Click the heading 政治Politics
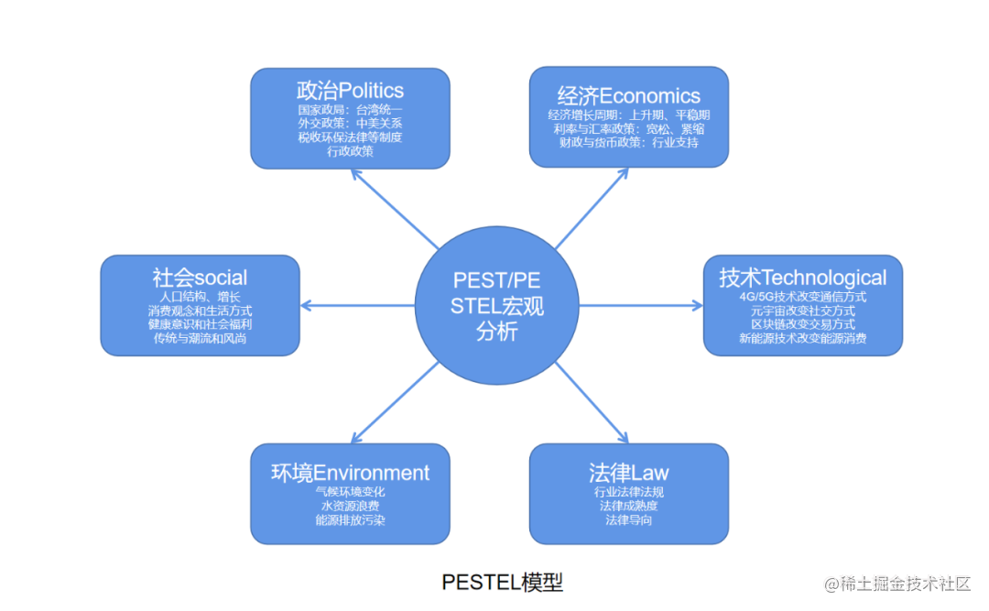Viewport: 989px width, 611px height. pyautogui.click(x=350, y=91)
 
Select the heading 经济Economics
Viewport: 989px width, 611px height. pyautogui.click(x=628, y=96)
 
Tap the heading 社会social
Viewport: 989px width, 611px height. pyautogui.click(x=200, y=278)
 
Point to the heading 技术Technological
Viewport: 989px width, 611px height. pyautogui.click(x=802, y=278)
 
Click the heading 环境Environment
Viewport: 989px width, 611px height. pyautogui.click(x=350, y=473)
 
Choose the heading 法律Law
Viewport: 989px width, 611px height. pyautogui.click(x=628, y=473)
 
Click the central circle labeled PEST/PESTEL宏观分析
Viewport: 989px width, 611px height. pyautogui.click(x=497, y=306)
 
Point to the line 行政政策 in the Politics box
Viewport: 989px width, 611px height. pyautogui.click(x=350, y=151)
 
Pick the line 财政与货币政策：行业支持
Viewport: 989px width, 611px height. pyautogui.click(x=628, y=143)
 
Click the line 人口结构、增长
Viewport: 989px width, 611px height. pyautogui.click(x=200, y=297)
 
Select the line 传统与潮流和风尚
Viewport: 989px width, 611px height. pyautogui.click(x=200, y=338)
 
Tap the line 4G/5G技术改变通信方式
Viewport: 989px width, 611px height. pyautogui.click(x=802, y=297)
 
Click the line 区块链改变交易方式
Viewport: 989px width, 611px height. pyautogui.click(x=802, y=324)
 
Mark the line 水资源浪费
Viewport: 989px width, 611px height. pyautogui.click(x=350, y=506)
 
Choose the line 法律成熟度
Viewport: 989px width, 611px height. pyautogui.click(x=628, y=506)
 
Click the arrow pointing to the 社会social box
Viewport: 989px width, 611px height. pyautogui.click(x=357, y=305)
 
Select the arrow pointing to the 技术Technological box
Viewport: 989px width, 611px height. pyautogui.click(x=641, y=305)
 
